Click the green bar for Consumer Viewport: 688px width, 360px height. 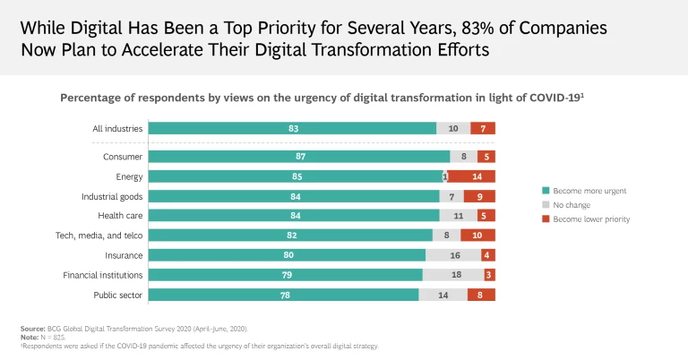299,157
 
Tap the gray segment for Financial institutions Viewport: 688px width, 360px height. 455,274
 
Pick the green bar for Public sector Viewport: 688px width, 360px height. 283,294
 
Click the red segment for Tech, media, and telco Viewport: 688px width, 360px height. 477,235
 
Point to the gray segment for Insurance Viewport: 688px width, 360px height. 452,254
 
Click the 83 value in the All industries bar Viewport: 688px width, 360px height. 293,128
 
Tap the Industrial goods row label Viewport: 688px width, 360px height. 112,196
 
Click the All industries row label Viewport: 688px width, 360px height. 117,128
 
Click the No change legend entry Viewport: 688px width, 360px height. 579,205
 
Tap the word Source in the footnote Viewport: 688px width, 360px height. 32,330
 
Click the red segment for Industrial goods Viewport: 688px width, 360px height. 479,196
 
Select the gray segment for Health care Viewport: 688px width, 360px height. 459,216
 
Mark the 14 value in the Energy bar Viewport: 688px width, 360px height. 477,176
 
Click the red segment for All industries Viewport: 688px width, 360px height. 483,128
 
